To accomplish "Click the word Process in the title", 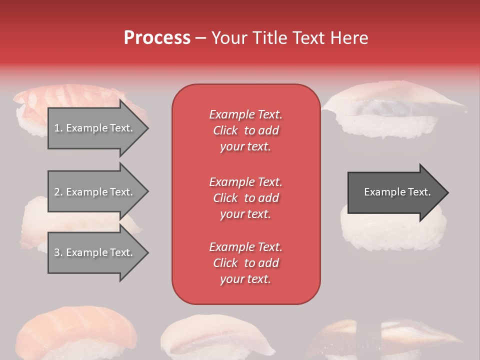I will (x=157, y=38).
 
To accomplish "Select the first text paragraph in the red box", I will (x=245, y=130).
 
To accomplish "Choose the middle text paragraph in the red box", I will (x=245, y=198).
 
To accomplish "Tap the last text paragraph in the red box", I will (x=245, y=263).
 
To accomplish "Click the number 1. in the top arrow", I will (x=58, y=128).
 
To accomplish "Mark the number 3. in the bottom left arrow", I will (x=58, y=252).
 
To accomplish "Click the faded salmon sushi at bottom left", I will (x=75, y=332).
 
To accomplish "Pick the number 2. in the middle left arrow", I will (x=58, y=192).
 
